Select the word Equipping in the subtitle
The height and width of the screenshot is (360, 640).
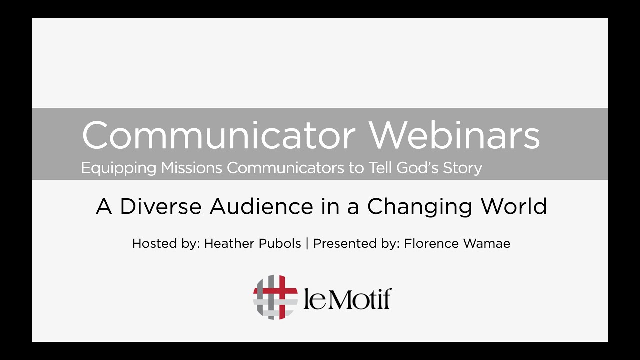119,168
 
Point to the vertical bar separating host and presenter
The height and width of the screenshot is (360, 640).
307,244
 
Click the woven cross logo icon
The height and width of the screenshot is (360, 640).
275,297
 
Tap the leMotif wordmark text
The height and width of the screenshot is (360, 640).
347,298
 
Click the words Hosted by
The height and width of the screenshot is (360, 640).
165,244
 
